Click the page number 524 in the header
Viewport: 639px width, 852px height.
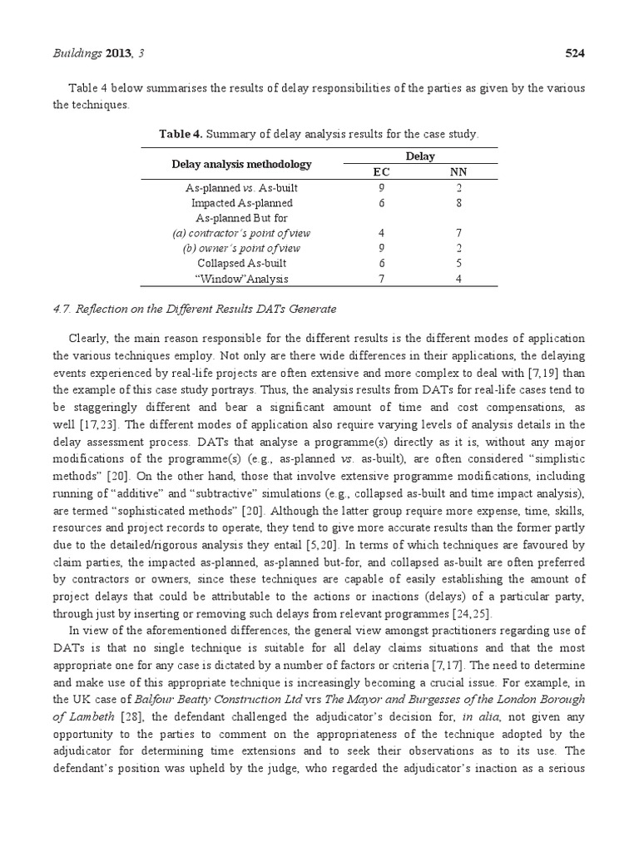[576, 54]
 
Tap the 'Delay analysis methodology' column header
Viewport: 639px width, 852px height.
[241, 164]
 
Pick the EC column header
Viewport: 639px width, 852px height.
[381, 172]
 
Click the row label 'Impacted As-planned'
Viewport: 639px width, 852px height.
[241, 202]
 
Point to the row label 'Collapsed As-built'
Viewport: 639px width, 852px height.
[241, 264]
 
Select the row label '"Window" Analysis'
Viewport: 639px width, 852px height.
[241, 279]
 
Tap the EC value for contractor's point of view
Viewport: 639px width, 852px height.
[381, 233]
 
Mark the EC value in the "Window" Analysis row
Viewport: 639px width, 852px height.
[381, 279]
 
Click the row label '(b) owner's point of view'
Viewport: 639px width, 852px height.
[241, 248]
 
